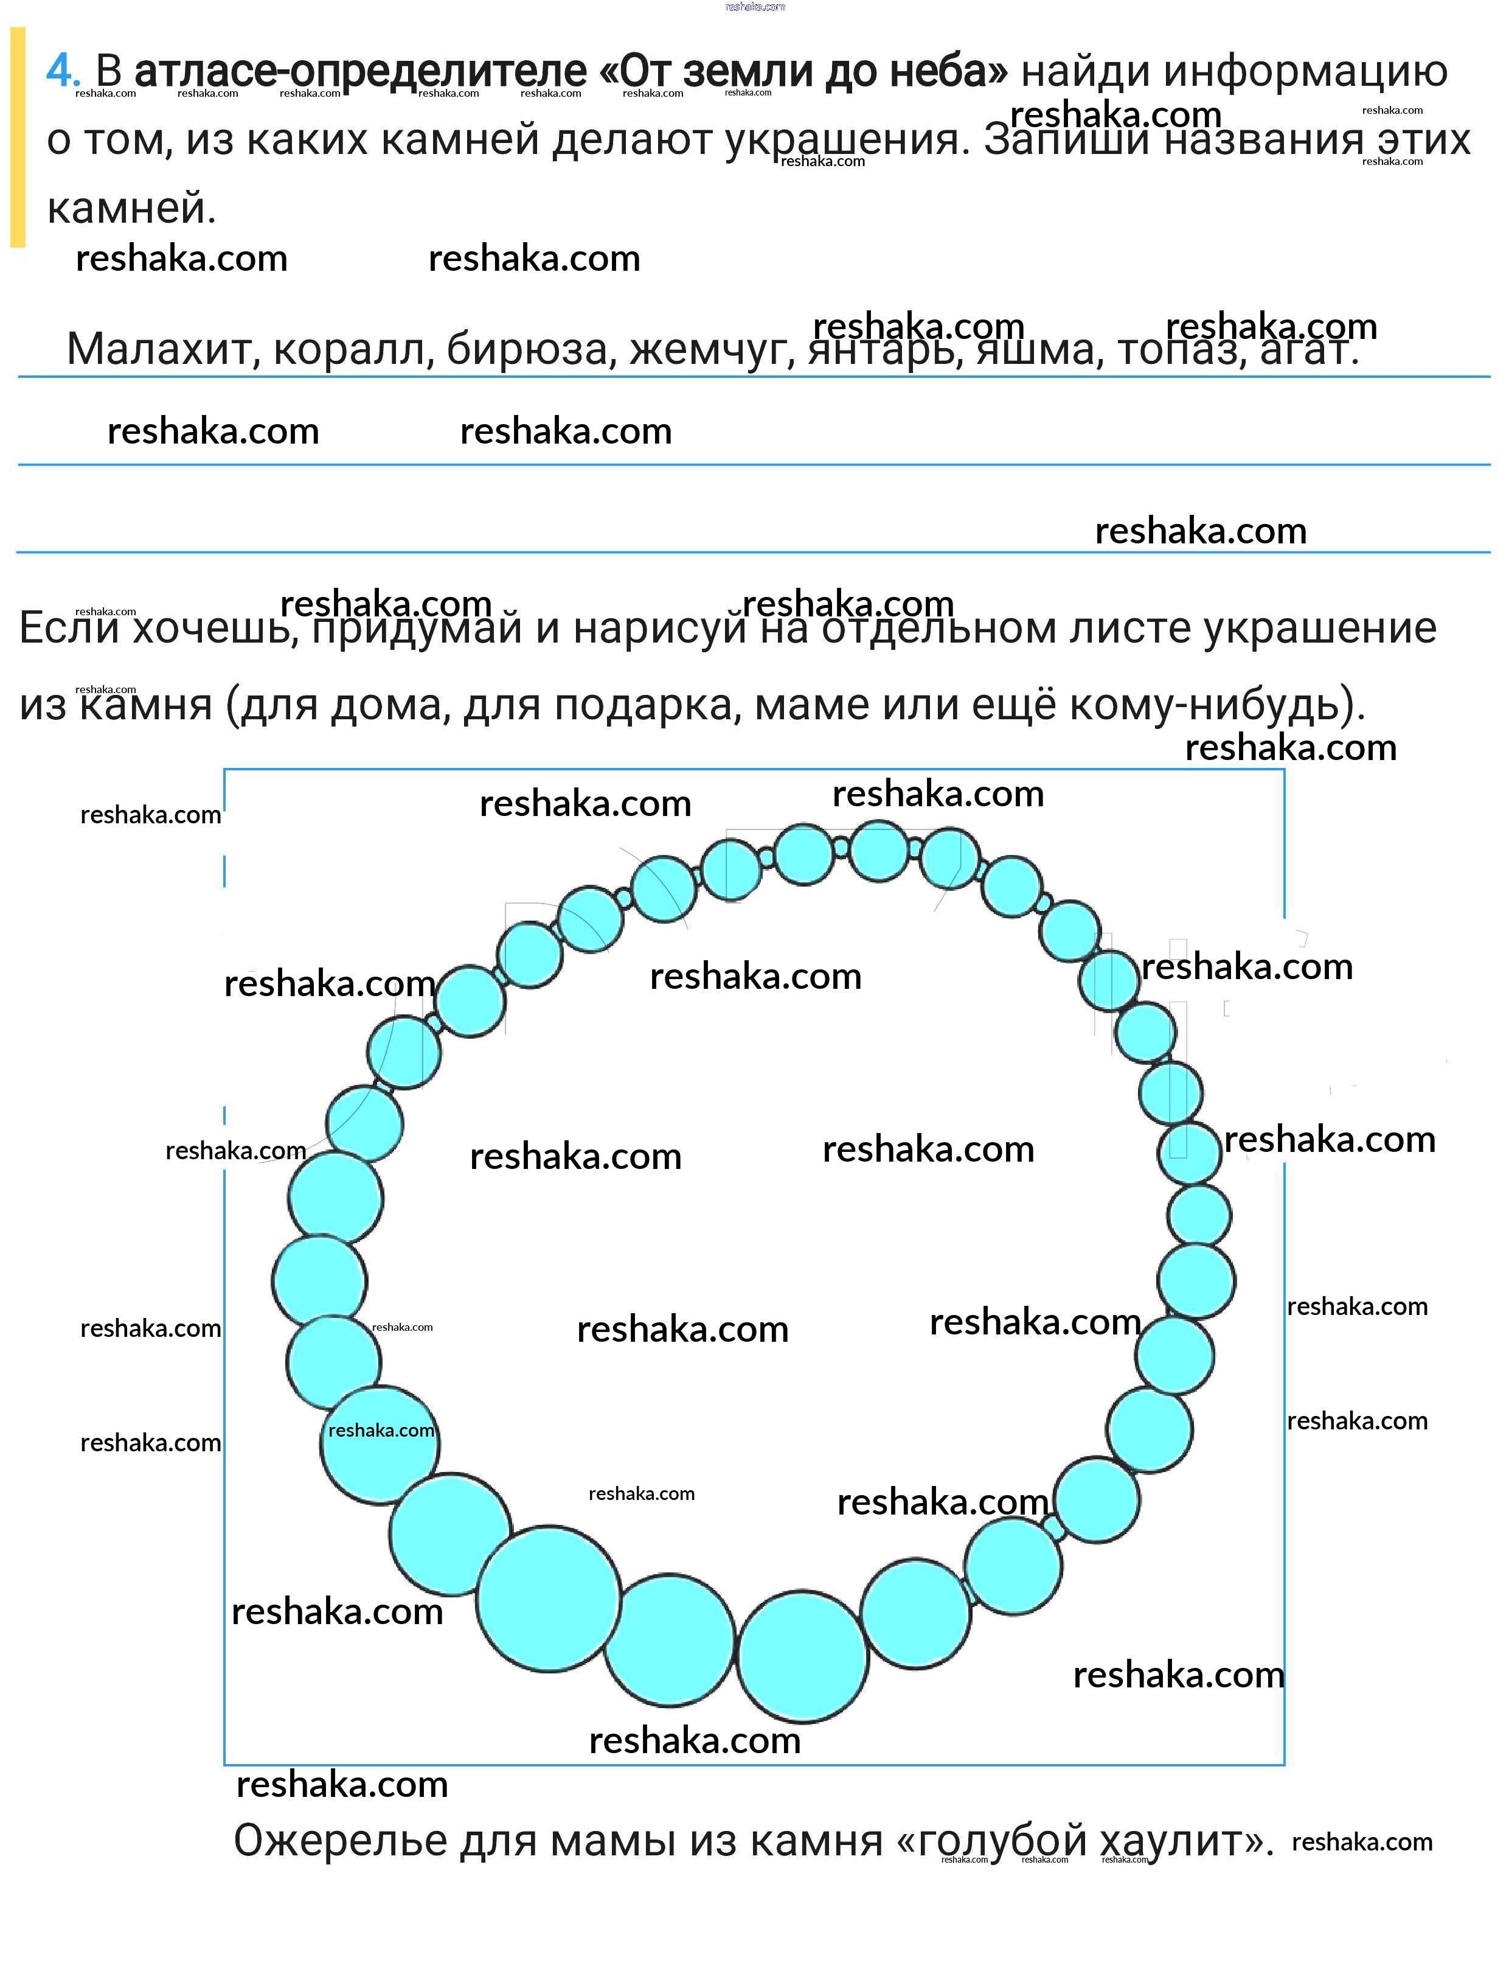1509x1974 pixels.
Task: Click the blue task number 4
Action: pos(63,71)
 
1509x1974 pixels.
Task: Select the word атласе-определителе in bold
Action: pos(360,72)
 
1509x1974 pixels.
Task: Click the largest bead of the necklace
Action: pos(549,1599)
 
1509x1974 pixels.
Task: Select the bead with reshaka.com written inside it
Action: pos(380,1445)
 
